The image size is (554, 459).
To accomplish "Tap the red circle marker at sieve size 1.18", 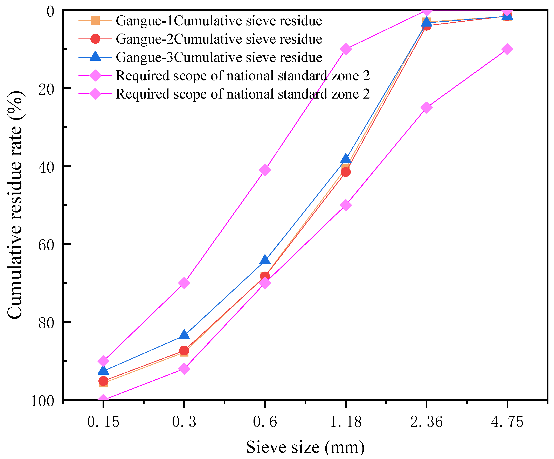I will pos(346,172).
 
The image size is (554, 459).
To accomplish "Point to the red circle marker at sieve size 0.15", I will pos(103,381).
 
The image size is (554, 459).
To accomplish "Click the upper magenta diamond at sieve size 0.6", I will pos(265,170).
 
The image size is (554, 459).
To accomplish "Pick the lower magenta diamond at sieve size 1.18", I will pos(346,205).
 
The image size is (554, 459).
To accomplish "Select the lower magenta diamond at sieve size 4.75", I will pos(507,49).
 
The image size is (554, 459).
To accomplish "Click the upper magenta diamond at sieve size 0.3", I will pos(184,283).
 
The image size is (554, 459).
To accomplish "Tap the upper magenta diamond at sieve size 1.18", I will pos(346,49).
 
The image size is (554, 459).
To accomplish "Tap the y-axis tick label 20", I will pos(46,89).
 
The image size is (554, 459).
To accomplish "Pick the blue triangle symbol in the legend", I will pos(95,56).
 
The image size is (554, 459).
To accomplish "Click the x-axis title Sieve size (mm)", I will pos(305,447).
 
